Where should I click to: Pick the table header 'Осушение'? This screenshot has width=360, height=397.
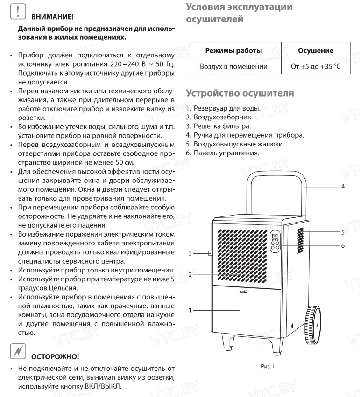coord(315,50)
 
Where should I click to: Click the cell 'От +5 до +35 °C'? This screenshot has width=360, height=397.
coord(315,67)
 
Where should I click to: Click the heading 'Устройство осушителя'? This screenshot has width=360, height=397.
coord(240,93)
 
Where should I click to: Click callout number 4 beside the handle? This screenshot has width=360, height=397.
coord(343,186)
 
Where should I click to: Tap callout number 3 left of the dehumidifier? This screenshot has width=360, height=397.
coord(190,254)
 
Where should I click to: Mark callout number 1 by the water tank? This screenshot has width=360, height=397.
coord(190,310)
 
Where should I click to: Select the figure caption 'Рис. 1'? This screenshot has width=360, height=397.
coord(268,366)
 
